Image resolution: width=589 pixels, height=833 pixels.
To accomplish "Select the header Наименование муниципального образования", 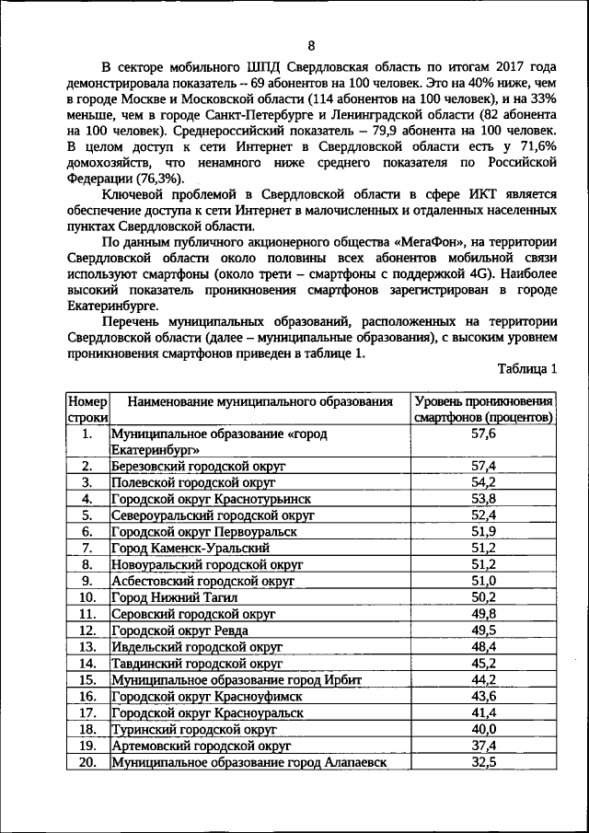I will [x=260, y=402].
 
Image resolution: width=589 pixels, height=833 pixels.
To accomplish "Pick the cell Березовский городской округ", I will [x=198, y=467].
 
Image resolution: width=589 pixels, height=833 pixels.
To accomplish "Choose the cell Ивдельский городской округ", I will [x=196, y=647].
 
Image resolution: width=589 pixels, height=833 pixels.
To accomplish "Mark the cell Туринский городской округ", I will [x=193, y=729].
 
